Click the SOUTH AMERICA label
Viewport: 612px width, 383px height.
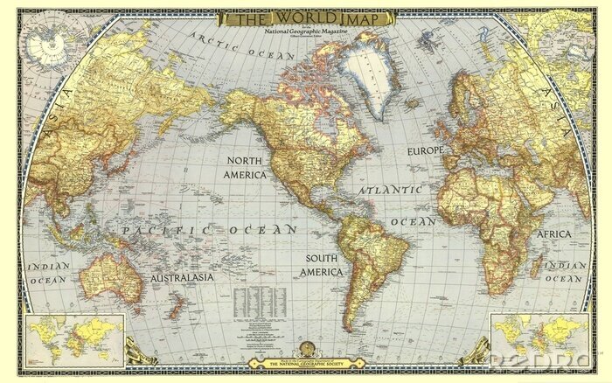(329, 265)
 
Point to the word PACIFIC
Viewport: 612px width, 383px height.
(157, 229)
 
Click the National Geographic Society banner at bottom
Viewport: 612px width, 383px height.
(305, 362)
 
